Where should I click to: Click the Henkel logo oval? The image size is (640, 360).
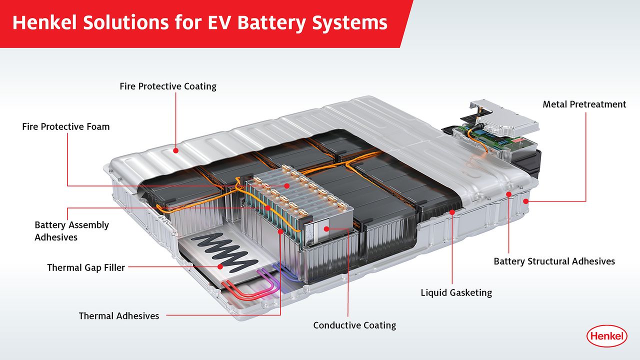click(x=606, y=335)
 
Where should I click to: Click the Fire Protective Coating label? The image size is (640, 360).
click(x=168, y=86)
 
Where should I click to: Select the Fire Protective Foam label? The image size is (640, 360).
click(x=65, y=126)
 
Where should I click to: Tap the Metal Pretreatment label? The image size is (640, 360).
click(x=584, y=104)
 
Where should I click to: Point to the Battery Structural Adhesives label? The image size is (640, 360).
click(x=554, y=261)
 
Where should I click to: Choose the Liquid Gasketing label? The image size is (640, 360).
click(x=456, y=292)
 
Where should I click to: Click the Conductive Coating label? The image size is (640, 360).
click(x=354, y=325)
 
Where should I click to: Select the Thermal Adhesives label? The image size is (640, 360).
click(x=119, y=315)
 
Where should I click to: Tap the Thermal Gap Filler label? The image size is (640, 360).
click(x=86, y=267)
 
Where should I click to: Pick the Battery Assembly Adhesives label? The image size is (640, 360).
click(x=71, y=230)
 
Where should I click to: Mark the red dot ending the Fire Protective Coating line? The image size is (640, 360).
click(x=176, y=149)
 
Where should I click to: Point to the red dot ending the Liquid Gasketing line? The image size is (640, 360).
click(x=452, y=212)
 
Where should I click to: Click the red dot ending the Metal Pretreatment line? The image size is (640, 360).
click(x=525, y=201)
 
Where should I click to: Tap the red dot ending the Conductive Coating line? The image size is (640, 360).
click(x=325, y=228)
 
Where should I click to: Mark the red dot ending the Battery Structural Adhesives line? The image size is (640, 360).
click(x=508, y=194)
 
